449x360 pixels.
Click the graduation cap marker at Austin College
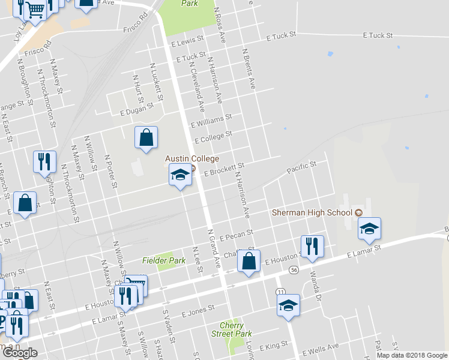click(180, 175)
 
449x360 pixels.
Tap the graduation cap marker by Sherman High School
click(369, 228)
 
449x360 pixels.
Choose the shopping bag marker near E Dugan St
click(146, 137)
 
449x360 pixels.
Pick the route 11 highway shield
click(281, 291)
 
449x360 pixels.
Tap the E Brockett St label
click(224, 169)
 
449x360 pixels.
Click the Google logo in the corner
click(19, 353)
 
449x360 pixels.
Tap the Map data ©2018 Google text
click(412, 355)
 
